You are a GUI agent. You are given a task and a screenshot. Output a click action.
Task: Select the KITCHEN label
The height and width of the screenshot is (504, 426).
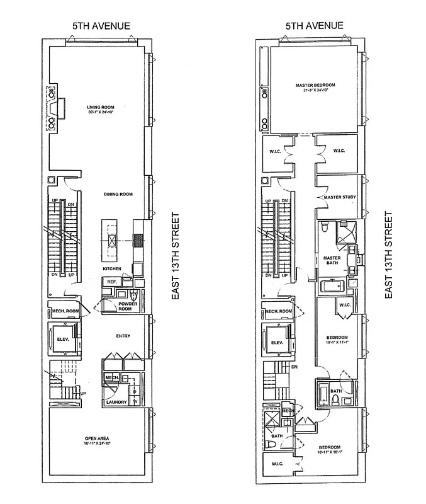tap(112, 269)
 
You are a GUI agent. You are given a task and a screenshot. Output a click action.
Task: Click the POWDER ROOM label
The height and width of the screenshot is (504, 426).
tap(128, 307)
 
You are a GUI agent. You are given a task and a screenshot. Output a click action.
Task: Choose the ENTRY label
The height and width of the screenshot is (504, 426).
tap(123, 336)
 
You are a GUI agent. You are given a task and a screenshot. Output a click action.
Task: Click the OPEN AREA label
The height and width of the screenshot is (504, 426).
tap(98, 438)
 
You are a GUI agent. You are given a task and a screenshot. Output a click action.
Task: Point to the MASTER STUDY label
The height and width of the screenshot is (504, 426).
tap(340, 198)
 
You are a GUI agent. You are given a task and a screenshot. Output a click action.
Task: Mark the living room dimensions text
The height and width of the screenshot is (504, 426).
tap(99, 113)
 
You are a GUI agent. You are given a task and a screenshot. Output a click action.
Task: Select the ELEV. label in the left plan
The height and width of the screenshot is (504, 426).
tap(62, 343)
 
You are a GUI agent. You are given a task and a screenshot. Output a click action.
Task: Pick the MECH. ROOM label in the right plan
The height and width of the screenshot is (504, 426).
tap(279, 312)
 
